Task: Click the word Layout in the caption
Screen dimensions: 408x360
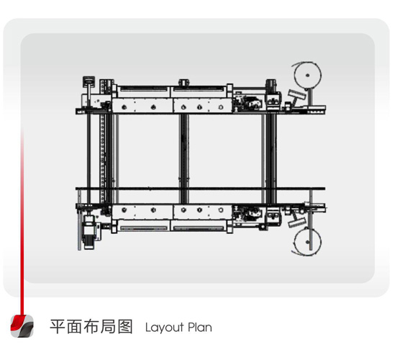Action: click(165, 328)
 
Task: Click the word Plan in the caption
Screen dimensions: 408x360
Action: click(200, 327)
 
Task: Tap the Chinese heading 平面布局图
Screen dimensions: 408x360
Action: click(91, 327)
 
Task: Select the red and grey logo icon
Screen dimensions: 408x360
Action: click(22, 326)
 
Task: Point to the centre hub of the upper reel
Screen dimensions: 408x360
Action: click(307, 76)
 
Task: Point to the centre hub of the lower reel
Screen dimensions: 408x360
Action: click(307, 242)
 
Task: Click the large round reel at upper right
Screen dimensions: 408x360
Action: click(307, 76)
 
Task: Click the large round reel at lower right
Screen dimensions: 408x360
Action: click(307, 242)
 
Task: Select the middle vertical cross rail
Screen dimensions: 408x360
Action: click(183, 158)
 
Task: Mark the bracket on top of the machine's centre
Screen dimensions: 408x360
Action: click(183, 83)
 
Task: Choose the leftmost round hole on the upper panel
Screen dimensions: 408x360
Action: click(124, 107)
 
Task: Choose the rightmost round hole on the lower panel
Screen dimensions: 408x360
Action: click(221, 210)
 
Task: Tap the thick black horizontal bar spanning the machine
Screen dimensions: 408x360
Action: click(200, 189)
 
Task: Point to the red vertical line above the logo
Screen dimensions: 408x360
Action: click(22, 221)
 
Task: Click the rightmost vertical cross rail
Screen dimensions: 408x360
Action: click(271, 158)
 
